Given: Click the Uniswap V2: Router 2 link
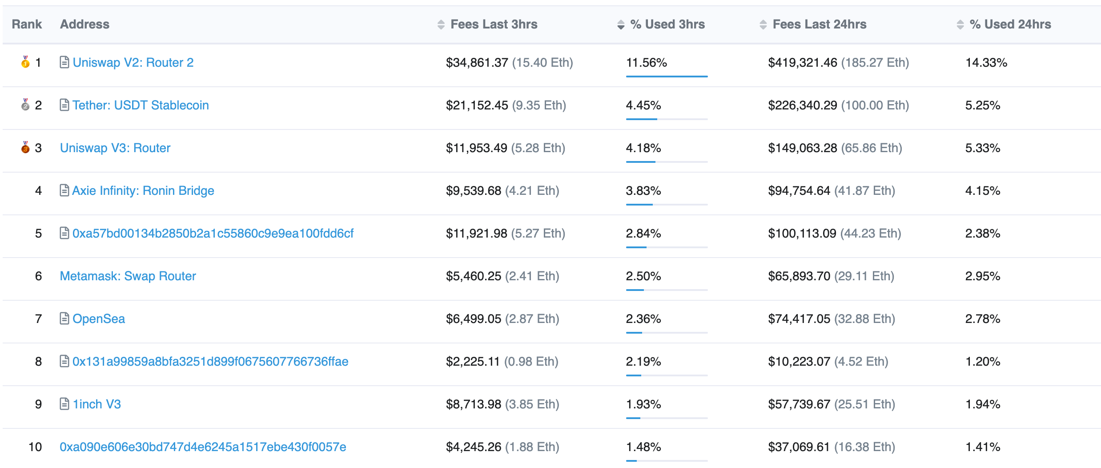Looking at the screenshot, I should click(x=133, y=63).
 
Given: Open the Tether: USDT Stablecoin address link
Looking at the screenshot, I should click(x=141, y=105).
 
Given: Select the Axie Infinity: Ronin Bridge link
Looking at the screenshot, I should click(x=143, y=191).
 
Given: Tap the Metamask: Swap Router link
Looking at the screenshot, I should click(x=128, y=276).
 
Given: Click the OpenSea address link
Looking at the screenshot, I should click(x=98, y=319).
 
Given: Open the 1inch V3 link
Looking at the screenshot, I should click(x=96, y=404).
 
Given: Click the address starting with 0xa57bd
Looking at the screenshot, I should click(x=213, y=234).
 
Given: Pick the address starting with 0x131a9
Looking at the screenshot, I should click(x=210, y=362).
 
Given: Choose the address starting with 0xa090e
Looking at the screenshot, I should click(x=203, y=447).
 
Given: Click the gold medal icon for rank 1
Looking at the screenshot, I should click(x=25, y=62).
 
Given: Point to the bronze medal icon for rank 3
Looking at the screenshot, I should click(x=25, y=147).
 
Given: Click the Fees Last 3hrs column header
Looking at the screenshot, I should click(x=494, y=24).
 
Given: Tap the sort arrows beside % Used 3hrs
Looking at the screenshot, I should click(x=621, y=25).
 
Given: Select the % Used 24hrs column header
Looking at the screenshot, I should click(x=1010, y=24).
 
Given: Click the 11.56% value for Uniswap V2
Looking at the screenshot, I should click(x=646, y=63).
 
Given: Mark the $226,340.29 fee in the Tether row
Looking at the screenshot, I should click(x=802, y=105).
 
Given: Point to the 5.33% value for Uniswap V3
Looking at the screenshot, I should click(x=982, y=148).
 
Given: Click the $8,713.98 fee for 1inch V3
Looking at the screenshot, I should click(x=473, y=404).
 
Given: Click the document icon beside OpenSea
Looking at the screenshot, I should click(x=64, y=319).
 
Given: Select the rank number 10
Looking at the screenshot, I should click(x=35, y=447).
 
